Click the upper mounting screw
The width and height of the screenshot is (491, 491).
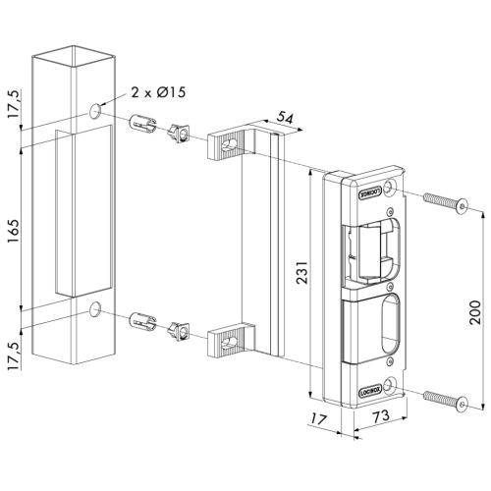pyautogui.click(x=443, y=201)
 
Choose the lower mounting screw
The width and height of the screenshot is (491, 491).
pyautogui.click(x=443, y=399)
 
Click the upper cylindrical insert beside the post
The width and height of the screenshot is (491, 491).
pyautogui.click(x=143, y=127)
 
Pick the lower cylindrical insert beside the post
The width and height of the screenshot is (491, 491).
pyautogui.click(x=143, y=322)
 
